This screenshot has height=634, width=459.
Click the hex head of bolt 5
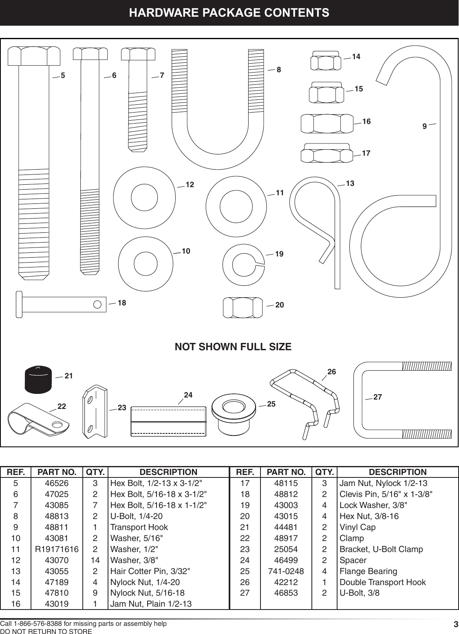[34, 56]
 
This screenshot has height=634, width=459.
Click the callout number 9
[424, 127]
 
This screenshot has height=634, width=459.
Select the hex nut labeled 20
[243, 307]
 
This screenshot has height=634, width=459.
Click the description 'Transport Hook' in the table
[139, 527]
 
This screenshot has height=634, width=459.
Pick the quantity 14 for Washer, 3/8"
[95, 560]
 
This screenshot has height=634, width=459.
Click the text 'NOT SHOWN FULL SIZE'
[233, 347]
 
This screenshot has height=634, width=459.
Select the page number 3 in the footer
[456, 624]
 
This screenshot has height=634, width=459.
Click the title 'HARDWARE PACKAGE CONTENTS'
[229, 13]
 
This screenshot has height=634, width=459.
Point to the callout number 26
[331, 372]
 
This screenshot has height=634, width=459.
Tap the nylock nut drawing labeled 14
[325, 61]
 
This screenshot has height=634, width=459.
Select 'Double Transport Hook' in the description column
[382, 582]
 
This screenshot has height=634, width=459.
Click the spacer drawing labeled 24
[168, 421]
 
